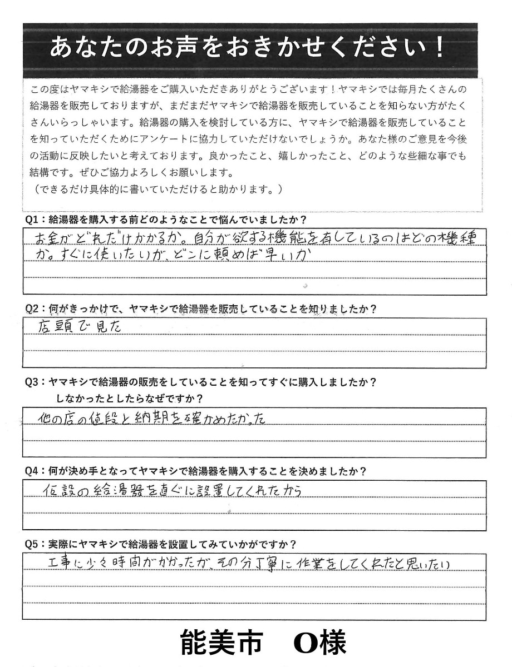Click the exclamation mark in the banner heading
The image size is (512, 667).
coord(440,48)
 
